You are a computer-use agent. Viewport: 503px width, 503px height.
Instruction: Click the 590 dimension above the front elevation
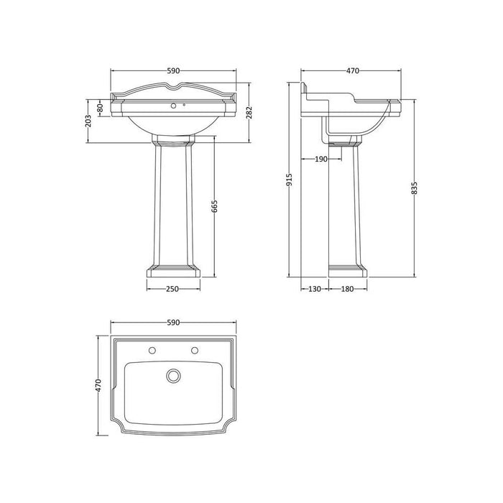tap(173, 71)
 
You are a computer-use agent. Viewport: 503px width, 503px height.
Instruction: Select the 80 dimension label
tap(101, 108)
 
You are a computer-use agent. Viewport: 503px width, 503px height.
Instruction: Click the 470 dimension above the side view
tap(351, 71)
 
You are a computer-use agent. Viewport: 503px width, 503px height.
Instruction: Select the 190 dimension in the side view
tap(320, 160)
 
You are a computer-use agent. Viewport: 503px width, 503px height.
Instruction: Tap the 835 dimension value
tap(415, 187)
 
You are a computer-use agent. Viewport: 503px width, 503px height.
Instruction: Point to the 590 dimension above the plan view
tap(173, 323)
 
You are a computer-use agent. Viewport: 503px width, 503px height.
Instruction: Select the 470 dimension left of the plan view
tap(98, 386)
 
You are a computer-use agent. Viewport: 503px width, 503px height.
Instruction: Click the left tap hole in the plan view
tap(152, 351)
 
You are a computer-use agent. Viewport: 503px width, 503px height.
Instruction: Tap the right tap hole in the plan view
tap(194, 351)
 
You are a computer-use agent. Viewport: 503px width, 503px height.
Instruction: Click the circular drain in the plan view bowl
tap(172, 375)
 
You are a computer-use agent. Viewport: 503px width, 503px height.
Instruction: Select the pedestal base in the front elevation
tap(173, 272)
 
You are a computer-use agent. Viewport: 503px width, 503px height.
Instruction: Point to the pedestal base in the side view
tap(348, 272)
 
